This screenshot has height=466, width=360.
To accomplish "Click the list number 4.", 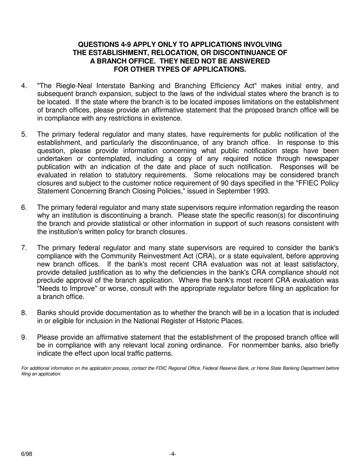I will coord(24,86).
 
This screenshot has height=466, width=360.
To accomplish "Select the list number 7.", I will coord(24,248).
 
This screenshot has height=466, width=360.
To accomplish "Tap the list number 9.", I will coord(24,338).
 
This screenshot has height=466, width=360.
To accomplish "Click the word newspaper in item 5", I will coord(321,159).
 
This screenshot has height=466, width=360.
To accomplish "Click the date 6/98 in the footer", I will coord(27,454).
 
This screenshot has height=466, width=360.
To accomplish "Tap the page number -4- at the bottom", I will coord(173,454).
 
